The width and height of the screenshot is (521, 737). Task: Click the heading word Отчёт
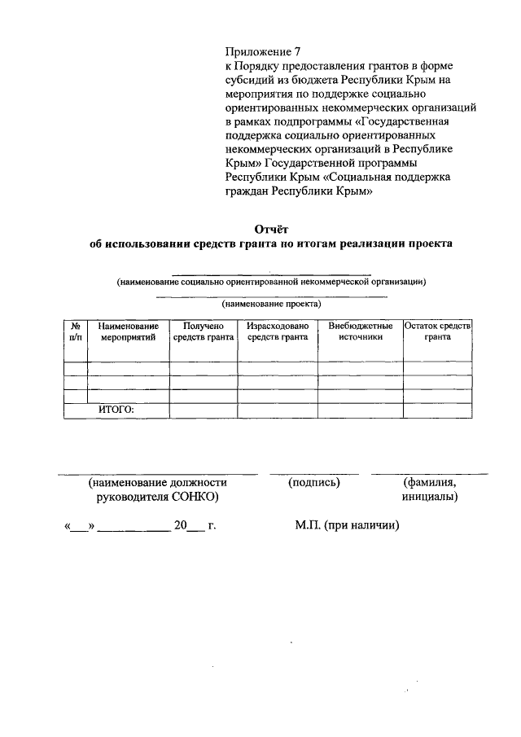coord(271,229)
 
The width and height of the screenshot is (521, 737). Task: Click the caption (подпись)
coord(313,482)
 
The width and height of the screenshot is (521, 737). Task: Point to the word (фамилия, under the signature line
coord(429,482)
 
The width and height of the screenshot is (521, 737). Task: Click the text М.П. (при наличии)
coord(348,526)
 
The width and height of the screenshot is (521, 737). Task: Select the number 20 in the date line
coord(180,526)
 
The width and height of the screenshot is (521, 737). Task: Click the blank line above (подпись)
coord(313,472)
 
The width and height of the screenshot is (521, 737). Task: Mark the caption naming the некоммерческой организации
coord(271,282)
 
